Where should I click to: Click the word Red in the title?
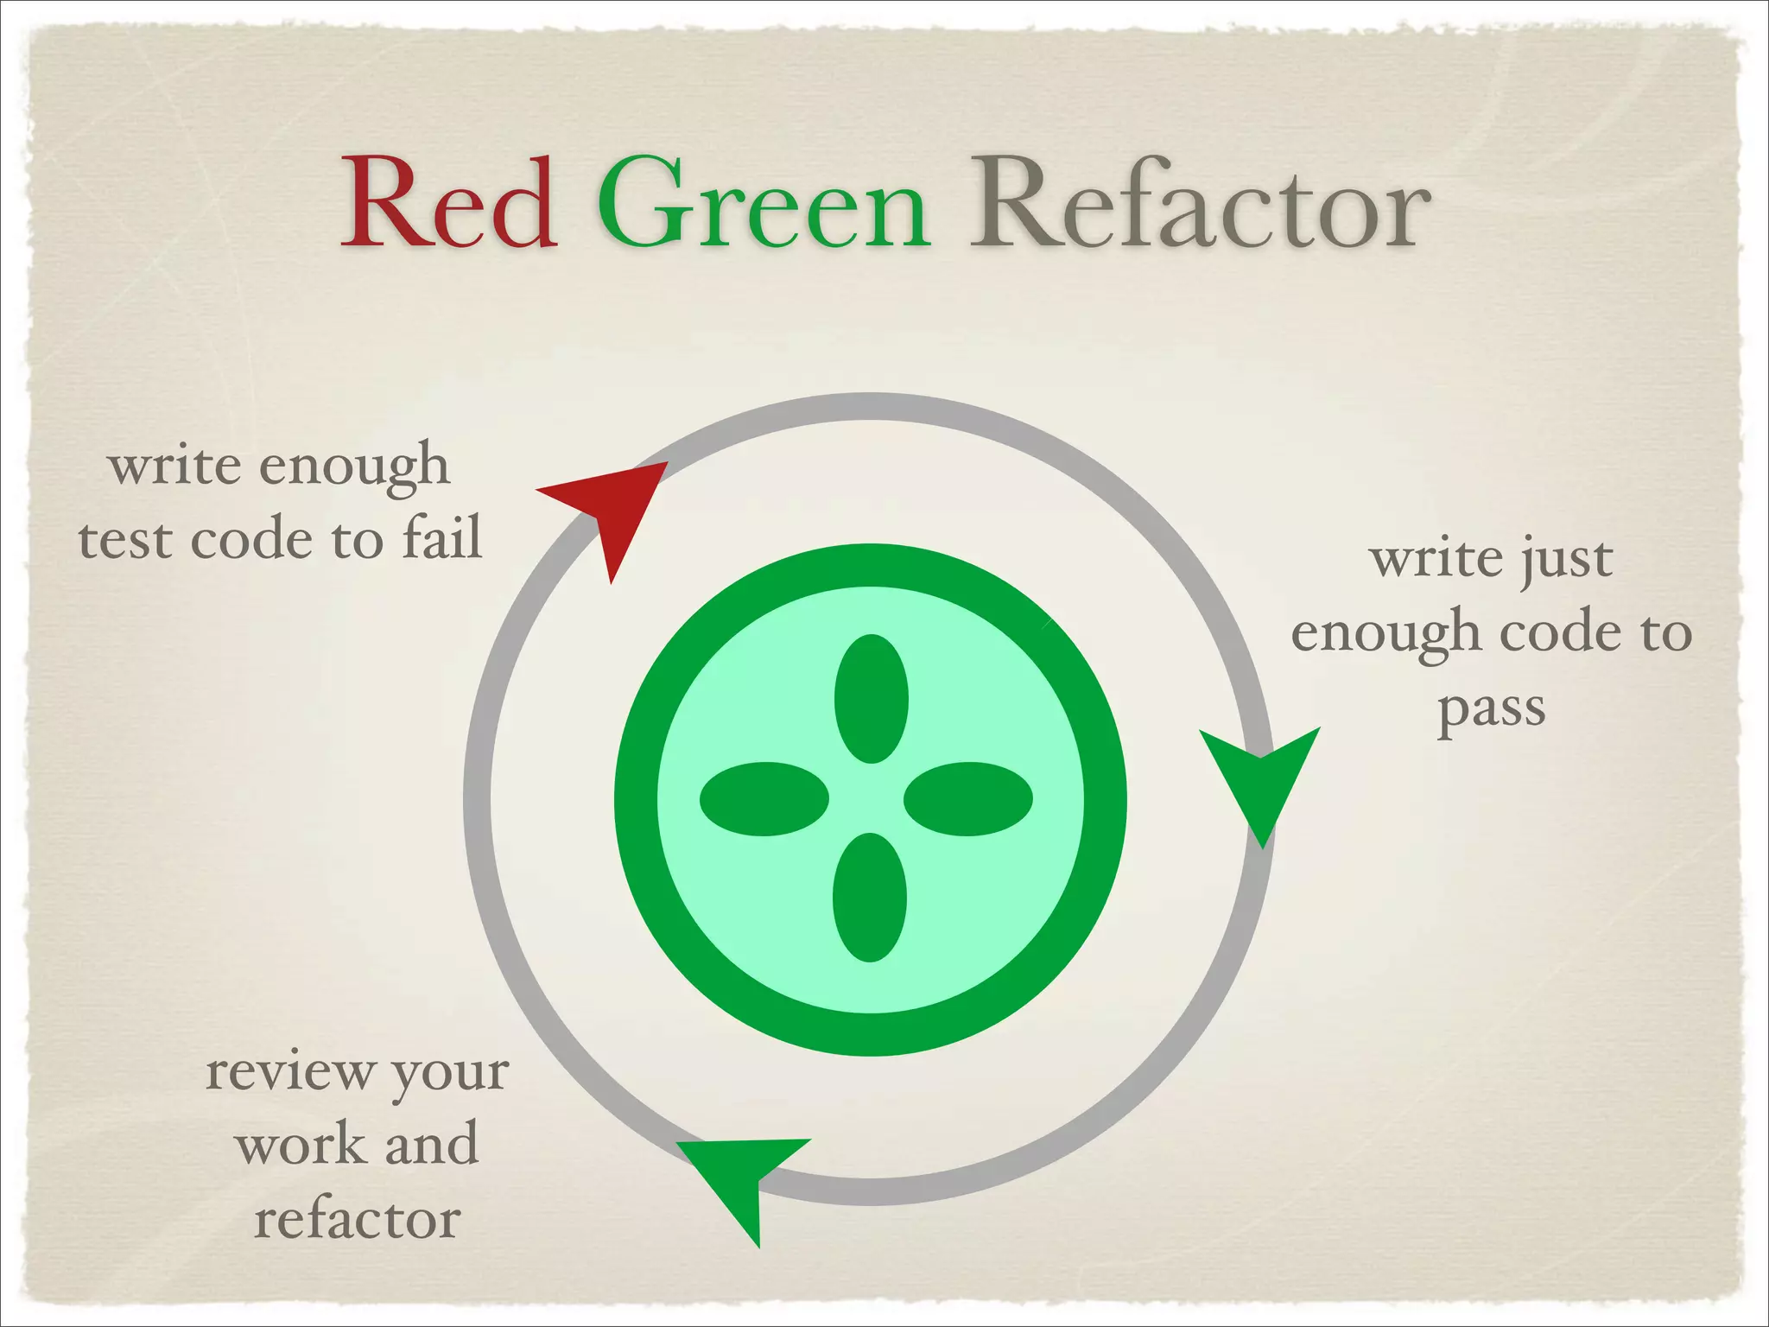(448, 204)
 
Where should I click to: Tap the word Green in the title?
(764, 204)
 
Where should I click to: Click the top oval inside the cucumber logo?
(871, 699)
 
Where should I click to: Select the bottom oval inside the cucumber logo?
(870, 897)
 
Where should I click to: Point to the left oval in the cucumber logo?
(764, 799)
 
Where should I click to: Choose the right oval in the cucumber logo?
(967, 799)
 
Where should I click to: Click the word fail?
(441, 537)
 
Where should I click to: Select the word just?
(1565, 559)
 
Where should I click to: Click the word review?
(289, 1071)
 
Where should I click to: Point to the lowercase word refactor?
(357, 1219)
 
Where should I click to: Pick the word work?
(300, 1145)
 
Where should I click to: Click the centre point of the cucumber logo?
(870, 799)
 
